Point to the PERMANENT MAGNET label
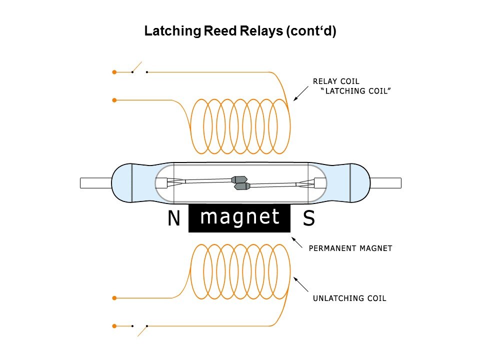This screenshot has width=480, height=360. click(x=350, y=247)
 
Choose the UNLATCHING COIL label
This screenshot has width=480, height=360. click(x=349, y=298)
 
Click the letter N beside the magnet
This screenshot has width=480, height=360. click(x=173, y=219)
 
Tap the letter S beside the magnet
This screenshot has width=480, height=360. click(x=309, y=219)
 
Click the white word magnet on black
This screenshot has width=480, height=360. click(x=239, y=217)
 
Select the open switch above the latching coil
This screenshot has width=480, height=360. click(x=138, y=69)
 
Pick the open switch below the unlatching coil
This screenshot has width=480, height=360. click(x=140, y=328)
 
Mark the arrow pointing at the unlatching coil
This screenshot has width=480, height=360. click(x=301, y=284)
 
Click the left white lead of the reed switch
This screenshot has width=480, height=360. click(x=95, y=183)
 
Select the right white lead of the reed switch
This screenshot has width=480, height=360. click(x=385, y=183)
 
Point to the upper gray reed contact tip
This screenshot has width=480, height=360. click(x=239, y=179)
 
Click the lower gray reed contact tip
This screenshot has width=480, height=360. click(x=242, y=186)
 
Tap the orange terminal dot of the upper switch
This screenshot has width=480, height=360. click(x=114, y=72)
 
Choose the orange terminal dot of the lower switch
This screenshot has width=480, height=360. click(x=114, y=326)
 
